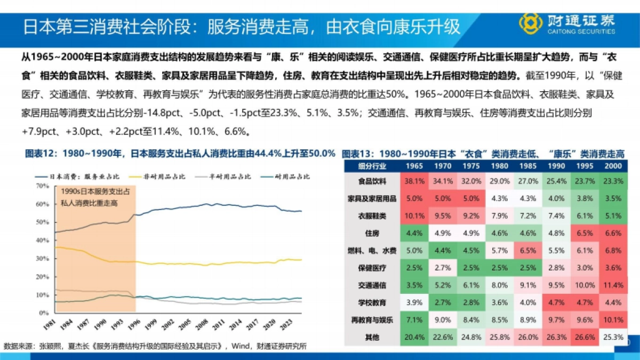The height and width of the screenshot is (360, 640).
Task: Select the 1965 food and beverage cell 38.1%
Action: [x=414, y=181]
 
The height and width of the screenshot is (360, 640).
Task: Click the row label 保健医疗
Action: [x=372, y=267]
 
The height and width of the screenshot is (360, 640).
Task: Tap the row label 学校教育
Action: [x=372, y=302]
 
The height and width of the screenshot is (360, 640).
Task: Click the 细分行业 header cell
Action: [x=372, y=166]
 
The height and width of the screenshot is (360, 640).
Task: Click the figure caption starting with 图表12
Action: [x=180, y=154]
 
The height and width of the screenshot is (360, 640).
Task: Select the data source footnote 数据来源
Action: [x=155, y=346]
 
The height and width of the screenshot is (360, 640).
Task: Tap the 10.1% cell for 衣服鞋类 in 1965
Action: [x=414, y=215]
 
